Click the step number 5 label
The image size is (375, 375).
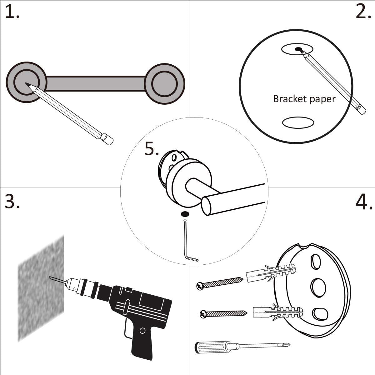click(152, 149)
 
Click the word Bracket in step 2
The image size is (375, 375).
click(286, 99)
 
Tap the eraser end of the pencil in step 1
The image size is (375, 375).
click(108, 139)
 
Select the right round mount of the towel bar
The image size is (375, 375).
click(165, 84)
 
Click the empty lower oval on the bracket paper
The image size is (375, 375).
click(298, 122)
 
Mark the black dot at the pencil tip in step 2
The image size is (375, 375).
click(298, 49)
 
